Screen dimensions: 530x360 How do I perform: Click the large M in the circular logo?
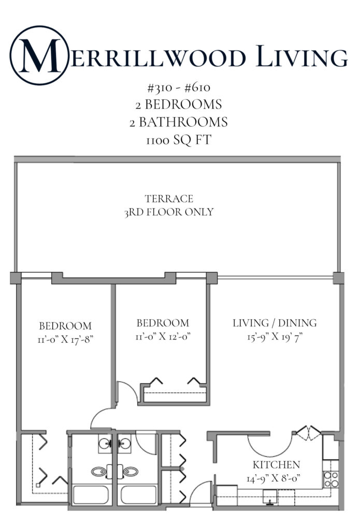click(x=39, y=55)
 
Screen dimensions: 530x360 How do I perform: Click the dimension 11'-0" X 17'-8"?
click(x=65, y=339)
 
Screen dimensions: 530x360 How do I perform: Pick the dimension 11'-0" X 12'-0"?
click(x=162, y=335)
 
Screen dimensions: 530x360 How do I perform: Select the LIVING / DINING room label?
click(x=274, y=323)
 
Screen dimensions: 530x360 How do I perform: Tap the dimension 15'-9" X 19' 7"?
click(x=274, y=337)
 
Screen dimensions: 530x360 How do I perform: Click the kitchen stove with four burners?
click(x=330, y=479)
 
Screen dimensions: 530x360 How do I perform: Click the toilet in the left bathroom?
click(x=99, y=472)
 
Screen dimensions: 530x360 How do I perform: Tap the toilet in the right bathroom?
click(x=131, y=472)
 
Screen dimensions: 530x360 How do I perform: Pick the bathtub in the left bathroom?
click(x=91, y=495)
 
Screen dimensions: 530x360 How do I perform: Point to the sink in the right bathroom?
click(x=124, y=444)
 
